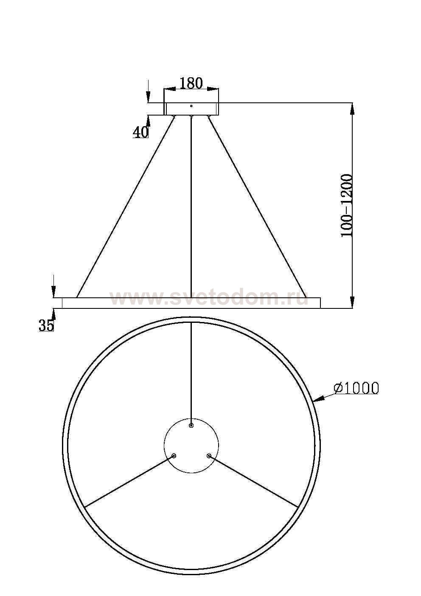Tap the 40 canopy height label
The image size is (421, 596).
point(140,132)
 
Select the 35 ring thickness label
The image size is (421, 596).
point(46,325)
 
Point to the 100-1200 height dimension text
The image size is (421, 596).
point(347,205)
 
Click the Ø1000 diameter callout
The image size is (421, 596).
point(356,388)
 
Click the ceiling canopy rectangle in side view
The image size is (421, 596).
point(191,109)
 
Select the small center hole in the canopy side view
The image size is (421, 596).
point(191,106)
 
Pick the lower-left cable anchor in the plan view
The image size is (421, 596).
point(174,456)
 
